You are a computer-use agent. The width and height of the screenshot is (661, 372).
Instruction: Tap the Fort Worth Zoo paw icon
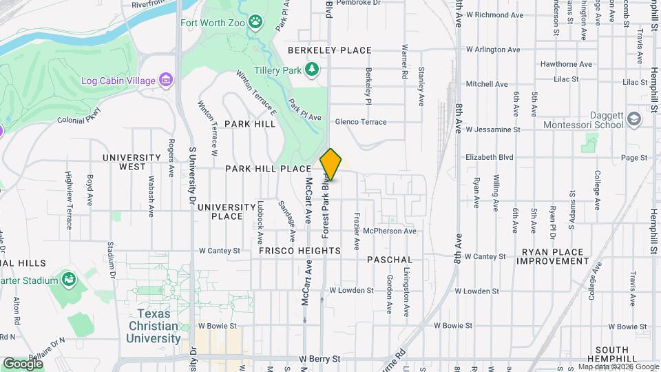click(256, 22)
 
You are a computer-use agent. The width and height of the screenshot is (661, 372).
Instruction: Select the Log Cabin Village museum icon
click(165, 81)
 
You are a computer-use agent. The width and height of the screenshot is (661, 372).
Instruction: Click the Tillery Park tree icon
click(313, 69)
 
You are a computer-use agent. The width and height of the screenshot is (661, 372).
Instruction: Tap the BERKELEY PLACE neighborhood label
click(330, 50)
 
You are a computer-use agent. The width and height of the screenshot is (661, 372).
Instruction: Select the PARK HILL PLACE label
click(268, 169)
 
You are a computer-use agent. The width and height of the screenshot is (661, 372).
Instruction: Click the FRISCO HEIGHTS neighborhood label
click(300, 252)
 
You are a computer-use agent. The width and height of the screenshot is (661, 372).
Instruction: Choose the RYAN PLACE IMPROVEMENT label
click(554, 256)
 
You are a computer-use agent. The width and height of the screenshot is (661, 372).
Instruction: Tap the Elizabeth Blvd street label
click(490, 157)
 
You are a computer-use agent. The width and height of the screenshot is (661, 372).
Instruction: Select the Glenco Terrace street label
click(361, 121)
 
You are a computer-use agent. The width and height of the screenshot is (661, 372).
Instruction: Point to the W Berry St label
click(319, 359)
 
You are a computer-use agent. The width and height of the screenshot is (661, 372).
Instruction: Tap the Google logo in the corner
click(23, 363)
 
